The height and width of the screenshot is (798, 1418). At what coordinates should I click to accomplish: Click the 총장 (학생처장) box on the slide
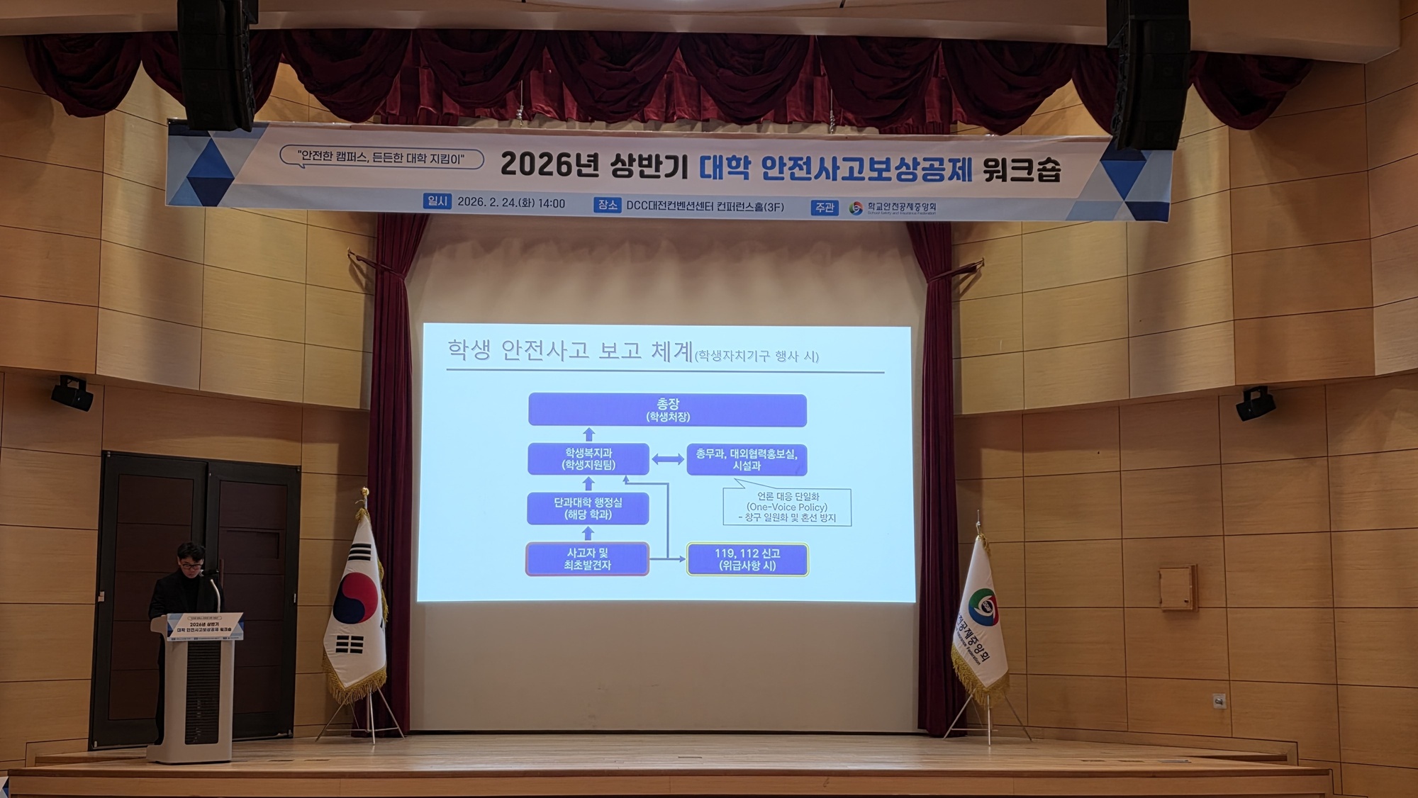pyautogui.click(x=667, y=410)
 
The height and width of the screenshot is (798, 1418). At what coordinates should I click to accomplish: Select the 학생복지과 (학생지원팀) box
pyautogui.click(x=588, y=459)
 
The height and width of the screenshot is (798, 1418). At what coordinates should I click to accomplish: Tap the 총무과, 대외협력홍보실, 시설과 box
pyautogui.click(x=747, y=459)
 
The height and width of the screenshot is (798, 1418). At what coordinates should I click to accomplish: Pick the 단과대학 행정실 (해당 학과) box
pyautogui.click(x=588, y=508)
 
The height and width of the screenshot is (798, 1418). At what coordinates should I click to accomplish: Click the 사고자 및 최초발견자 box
pyautogui.click(x=587, y=559)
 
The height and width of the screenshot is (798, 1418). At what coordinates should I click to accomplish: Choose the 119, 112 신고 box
pyautogui.click(x=747, y=559)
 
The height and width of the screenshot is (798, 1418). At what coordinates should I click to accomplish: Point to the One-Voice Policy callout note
pyautogui.click(x=787, y=507)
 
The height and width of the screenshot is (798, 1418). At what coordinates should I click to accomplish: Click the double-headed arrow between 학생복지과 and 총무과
pyautogui.click(x=668, y=459)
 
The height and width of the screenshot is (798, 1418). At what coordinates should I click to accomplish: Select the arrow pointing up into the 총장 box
pyautogui.click(x=588, y=434)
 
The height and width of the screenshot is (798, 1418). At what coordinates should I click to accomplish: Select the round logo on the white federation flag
pyautogui.click(x=984, y=609)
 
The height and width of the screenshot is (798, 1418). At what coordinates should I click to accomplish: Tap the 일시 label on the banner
pyautogui.click(x=437, y=201)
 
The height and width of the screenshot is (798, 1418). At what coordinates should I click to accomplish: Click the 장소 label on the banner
pyautogui.click(x=608, y=205)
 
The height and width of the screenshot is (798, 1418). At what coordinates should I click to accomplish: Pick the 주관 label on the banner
pyautogui.click(x=824, y=207)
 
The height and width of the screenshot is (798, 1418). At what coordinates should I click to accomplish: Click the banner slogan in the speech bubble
pyautogui.click(x=381, y=157)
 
